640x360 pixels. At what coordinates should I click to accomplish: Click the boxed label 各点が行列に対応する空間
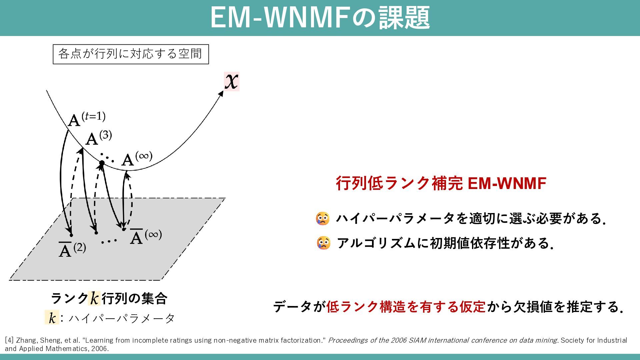(x=131, y=54)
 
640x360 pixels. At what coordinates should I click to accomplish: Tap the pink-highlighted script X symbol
(x=232, y=81)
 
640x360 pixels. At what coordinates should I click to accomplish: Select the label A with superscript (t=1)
(x=86, y=119)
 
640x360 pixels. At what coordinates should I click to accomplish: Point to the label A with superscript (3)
(x=98, y=138)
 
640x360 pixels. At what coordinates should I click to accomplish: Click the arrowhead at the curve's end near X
(x=221, y=94)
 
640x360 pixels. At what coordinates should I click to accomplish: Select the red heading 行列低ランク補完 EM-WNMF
(x=441, y=183)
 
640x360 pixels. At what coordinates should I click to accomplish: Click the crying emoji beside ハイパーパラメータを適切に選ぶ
(x=323, y=219)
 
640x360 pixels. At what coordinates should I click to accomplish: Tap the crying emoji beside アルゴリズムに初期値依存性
(x=323, y=243)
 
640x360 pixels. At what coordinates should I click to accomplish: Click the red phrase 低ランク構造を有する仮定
(x=406, y=307)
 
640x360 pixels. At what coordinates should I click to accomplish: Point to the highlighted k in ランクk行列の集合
(x=94, y=298)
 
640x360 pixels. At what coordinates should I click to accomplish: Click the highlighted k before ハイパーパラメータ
(x=52, y=318)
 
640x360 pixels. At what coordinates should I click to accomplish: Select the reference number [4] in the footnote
(x=9, y=340)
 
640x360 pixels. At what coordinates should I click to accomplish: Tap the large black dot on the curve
(x=102, y=163)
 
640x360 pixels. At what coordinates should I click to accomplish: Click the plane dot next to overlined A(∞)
(x=124, y=229)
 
